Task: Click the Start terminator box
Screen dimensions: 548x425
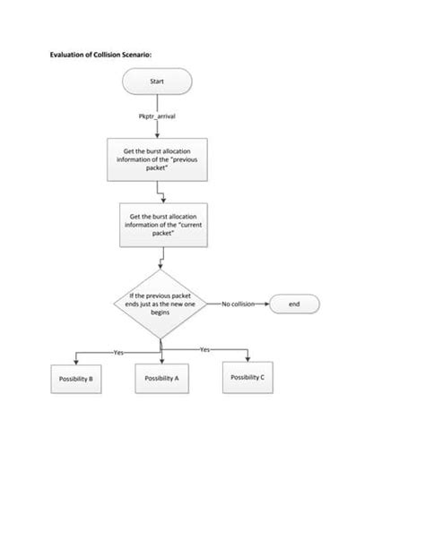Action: click(158, 82)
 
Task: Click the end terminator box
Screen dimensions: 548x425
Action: click(294, 304)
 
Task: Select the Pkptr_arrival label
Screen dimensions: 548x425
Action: click(157, 116)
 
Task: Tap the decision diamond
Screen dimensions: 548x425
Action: click(160, 304)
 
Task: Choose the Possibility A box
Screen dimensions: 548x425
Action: click(162, 379)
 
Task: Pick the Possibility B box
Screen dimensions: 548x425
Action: click(76, 380)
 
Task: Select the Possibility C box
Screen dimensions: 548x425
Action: click(247, 378)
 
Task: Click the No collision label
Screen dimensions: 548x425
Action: click(238, 304)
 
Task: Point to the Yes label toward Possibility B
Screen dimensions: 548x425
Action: click(118, 352)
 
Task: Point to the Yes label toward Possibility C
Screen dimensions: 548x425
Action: click(204, 348)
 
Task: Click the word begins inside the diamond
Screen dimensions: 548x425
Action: click(160, 313)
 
